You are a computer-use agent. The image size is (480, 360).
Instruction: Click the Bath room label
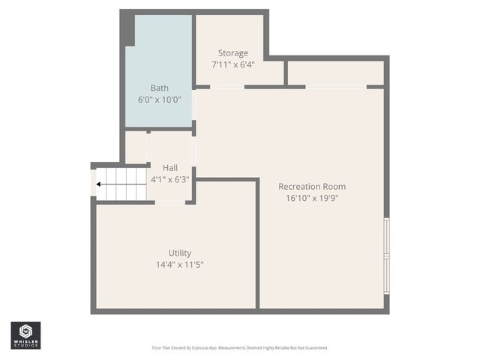(x=159, y=88)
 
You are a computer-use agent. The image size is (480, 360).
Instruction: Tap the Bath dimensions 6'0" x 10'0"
(x=159, y=100)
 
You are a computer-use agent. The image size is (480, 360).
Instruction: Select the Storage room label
(x=232, y=52)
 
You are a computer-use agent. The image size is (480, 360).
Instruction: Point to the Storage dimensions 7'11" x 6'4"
(x=232, y=64)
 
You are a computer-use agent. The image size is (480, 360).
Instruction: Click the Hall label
(x=170, y=167)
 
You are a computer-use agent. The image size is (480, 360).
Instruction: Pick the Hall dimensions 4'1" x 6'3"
(x=170, y=179)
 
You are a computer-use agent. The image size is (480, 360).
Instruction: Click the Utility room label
(x=180, y=252)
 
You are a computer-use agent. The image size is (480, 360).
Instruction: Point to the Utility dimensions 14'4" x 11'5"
(x=180, y=264)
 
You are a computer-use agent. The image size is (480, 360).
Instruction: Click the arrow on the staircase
(x=100, y=184)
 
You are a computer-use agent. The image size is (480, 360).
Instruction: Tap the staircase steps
(x=124, y=184)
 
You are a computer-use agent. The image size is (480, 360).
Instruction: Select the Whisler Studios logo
(x=25, y=335)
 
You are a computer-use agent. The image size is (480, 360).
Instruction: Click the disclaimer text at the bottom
(x=240, y=348)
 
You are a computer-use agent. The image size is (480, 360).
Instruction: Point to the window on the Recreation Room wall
(x=386, y=255)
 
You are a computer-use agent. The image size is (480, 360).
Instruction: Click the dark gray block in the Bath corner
(x=128, y=29)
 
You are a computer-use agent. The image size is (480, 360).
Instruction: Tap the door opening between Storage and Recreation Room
(x=227, y=87)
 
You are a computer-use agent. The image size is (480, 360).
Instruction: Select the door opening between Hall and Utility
(x=170, y=202)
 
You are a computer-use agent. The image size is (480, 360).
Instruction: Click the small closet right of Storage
(x=334, y=73)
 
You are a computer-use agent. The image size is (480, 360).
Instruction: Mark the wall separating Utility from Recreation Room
(x=257, y=244)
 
